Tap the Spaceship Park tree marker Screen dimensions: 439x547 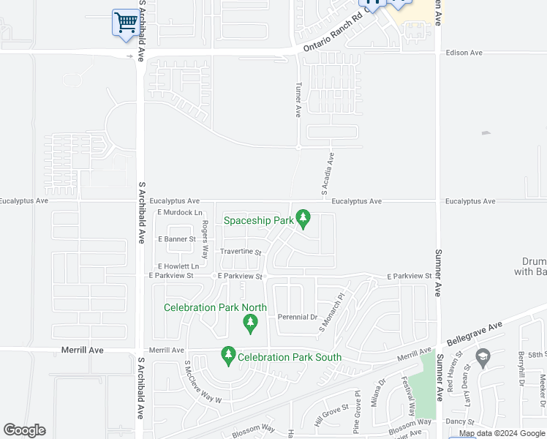pyautogui.click(x=303, y=219)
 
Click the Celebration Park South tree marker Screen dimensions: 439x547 pyautogui.click(x=228, y=356)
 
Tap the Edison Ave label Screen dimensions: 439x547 pyautogui.click(x=464, y=53)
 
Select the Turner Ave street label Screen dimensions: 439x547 pyautogui.click(x=298, y=101)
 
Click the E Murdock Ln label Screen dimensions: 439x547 pyautogui.click(x=179, y=212)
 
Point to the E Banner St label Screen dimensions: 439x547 pyautogui.click(x=177, y=239)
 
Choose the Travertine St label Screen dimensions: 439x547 pyautogui.click(x=241, y=252)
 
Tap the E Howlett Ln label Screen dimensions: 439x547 pyautogui.click(x=178, y=266)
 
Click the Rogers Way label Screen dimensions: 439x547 pyautogui.click(x=205, y=239)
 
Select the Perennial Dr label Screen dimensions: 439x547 pyautogui.click(x=297, y=317)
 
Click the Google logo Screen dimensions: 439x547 pyautogui.click(x=24, y=430)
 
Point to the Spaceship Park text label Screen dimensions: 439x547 pyautogui.click(x=258, y=219)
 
